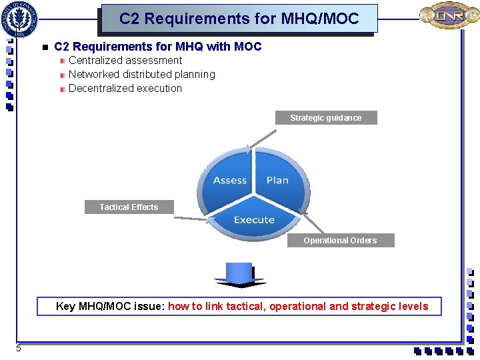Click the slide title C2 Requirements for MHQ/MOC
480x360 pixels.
click(239, 18)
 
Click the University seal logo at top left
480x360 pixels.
click(20, 19)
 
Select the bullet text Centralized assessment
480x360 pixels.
click(125, 61)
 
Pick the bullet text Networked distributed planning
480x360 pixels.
click(142, 75)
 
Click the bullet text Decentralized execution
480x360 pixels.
click(125, 89)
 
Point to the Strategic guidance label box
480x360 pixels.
click(326, 118)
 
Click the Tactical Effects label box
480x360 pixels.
click(129, 207)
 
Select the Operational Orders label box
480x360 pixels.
click(340, 241)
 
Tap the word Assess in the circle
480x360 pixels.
click(230, 181)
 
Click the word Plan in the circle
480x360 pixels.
click(277, 181)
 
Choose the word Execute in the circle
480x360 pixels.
click(254, 220)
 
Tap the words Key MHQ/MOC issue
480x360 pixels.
click(110, 307)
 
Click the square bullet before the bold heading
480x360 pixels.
click(44, 47)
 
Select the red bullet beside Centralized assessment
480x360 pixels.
click(62, 61)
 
